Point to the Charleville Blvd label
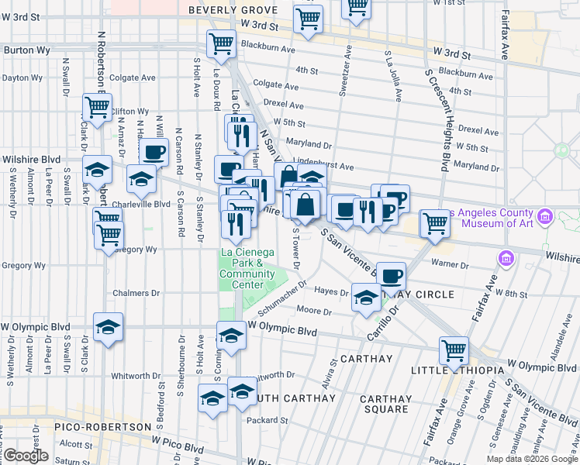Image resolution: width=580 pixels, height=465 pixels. point(141,205)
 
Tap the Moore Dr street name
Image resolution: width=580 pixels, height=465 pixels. point(314,312)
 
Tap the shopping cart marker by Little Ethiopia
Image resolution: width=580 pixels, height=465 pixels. point(454,350)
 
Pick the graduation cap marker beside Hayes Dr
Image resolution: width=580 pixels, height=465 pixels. point(366,298)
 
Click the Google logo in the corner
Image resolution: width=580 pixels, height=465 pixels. point(26,456)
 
